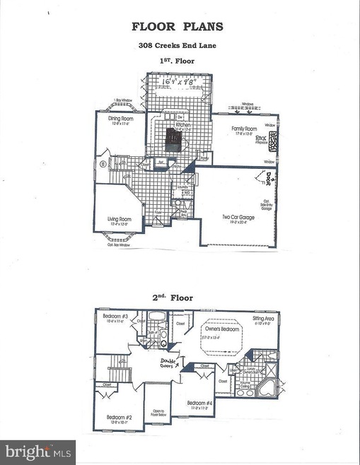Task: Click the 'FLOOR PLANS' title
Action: click(x=179, y=28)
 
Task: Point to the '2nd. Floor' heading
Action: click(x=179, y=298)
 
